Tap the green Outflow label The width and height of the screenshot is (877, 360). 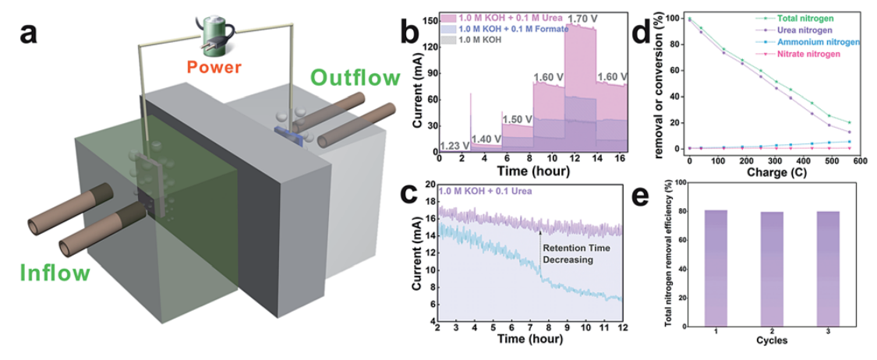coord(355,78)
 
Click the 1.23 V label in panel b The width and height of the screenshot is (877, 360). coord(454,145)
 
